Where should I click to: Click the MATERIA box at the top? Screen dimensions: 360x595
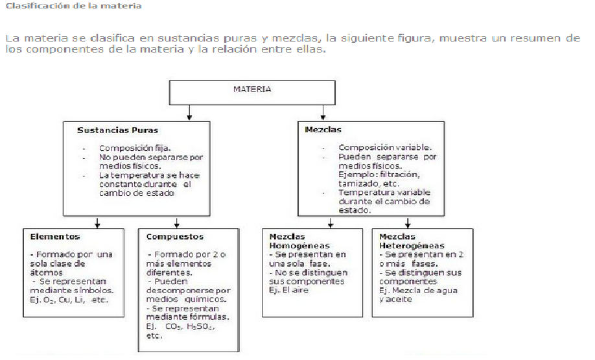[x=252, y=90]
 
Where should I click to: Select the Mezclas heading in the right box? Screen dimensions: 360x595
[x=323, y=130]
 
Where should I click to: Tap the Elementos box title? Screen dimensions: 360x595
[x=54, y=237]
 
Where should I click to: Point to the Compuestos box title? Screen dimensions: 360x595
[x=175, y=237]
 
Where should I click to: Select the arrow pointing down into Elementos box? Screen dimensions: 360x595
[x=97, y=224]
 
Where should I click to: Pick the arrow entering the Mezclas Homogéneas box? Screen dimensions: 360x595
[x=331, y=224]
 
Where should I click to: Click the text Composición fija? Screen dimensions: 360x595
[x=135, y=148]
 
